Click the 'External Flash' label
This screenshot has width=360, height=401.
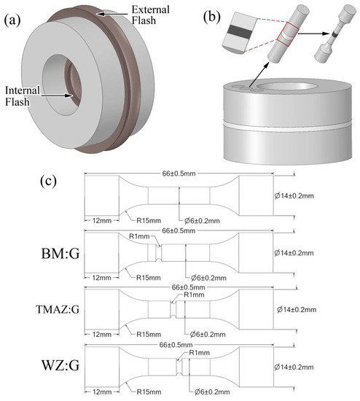[x=150, y=15]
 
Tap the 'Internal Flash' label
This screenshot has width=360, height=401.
[x=23, y=96]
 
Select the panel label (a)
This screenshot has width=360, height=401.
[x=12, y=20]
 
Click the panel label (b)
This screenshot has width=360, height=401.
[x=212, y=17]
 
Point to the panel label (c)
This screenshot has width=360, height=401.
[x=48, y=181]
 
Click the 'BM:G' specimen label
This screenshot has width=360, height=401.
[x=60, y=254]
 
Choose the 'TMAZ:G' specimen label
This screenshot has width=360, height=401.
[x=58, y=309]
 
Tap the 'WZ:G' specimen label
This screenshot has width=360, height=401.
[x=60, y=365]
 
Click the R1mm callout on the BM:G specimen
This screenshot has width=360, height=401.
[x=139, y=236]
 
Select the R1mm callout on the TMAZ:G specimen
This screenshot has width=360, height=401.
[x=194, y=295]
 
